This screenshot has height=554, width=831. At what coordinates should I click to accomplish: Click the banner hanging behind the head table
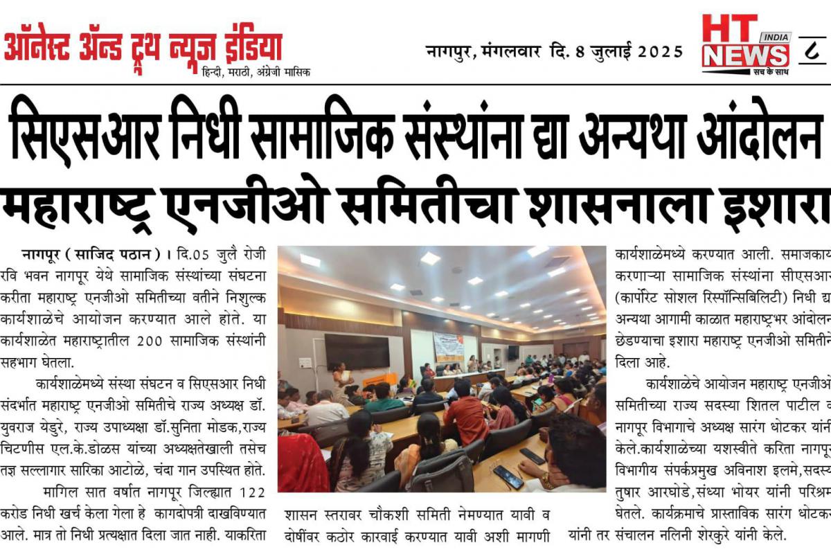pyautogui.click(x=448, y=346)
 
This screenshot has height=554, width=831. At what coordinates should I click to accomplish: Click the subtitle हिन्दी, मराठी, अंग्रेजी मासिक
pyautogui.click(x=256, y=72)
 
